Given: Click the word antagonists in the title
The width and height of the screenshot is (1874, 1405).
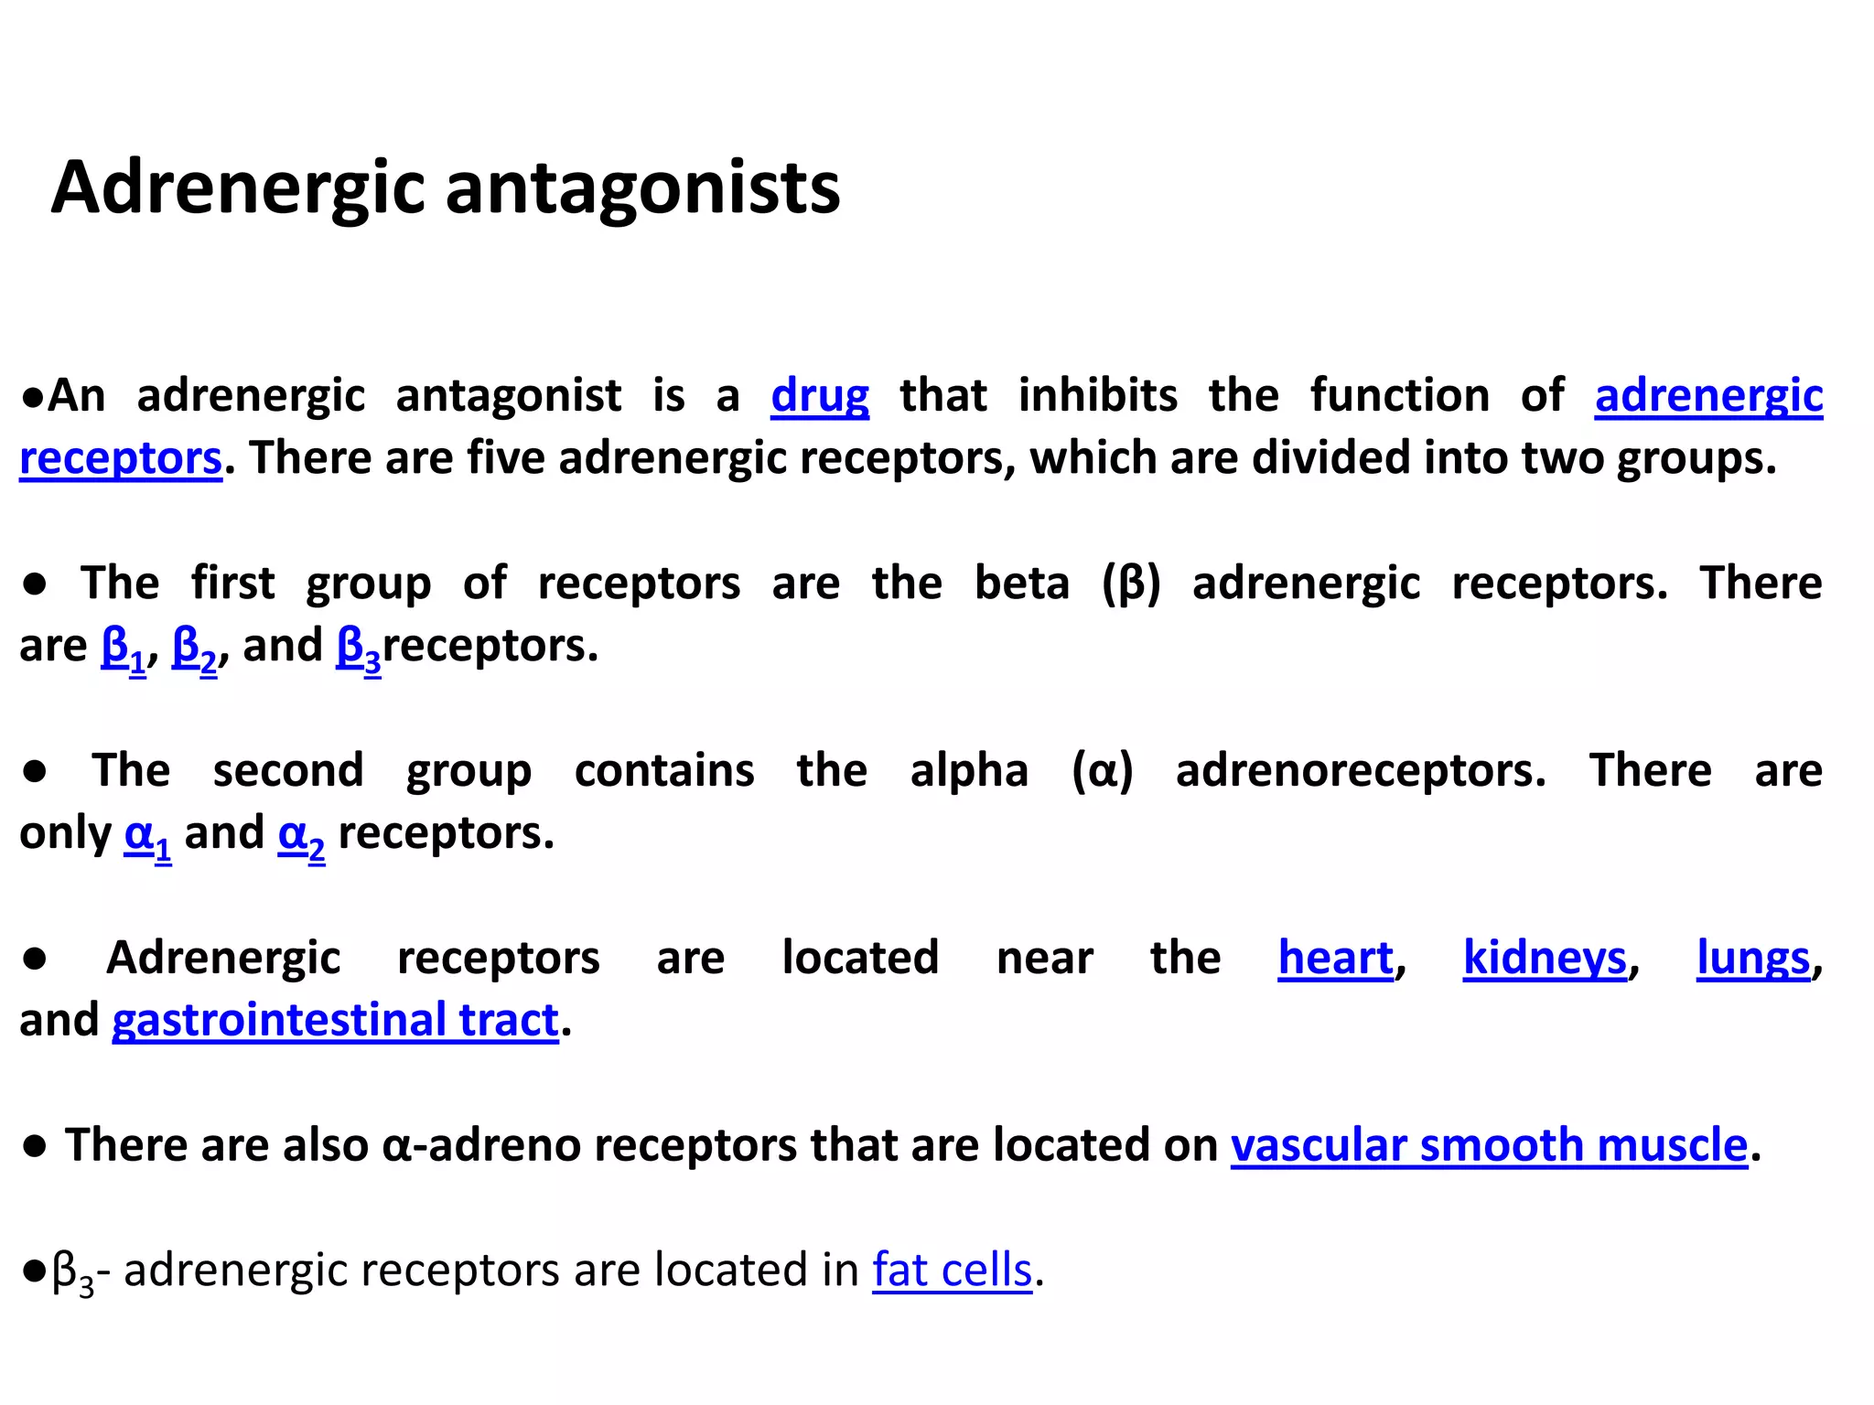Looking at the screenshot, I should [642, 188].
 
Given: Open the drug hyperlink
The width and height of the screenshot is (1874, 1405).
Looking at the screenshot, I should [819, 396].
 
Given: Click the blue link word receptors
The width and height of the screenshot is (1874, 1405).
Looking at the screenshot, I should [121, 458].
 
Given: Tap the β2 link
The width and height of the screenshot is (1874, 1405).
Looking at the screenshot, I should [194, 648].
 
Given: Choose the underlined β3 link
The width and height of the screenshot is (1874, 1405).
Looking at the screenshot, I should [359, 648].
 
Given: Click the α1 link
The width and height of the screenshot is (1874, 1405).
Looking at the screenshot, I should [147, 835].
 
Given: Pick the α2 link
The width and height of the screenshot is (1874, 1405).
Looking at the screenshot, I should [301, 835].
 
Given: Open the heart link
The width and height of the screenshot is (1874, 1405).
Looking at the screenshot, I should [1335, 959].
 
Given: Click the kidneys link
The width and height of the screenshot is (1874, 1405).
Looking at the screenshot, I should [1545, 959].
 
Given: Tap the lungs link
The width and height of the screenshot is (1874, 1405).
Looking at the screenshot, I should [1752, 959].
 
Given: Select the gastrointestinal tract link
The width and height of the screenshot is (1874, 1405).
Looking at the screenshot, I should [335, 1021].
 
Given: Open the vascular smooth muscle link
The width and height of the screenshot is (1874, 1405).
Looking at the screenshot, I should [1489, 1145].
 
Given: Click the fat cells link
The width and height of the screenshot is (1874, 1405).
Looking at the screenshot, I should [952, 1271].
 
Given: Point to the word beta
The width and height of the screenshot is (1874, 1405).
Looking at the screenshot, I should [1021, 584].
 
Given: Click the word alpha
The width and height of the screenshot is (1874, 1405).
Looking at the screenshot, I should [969, 771].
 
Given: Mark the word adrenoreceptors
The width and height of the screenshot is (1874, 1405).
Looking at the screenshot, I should [1360, 771].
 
